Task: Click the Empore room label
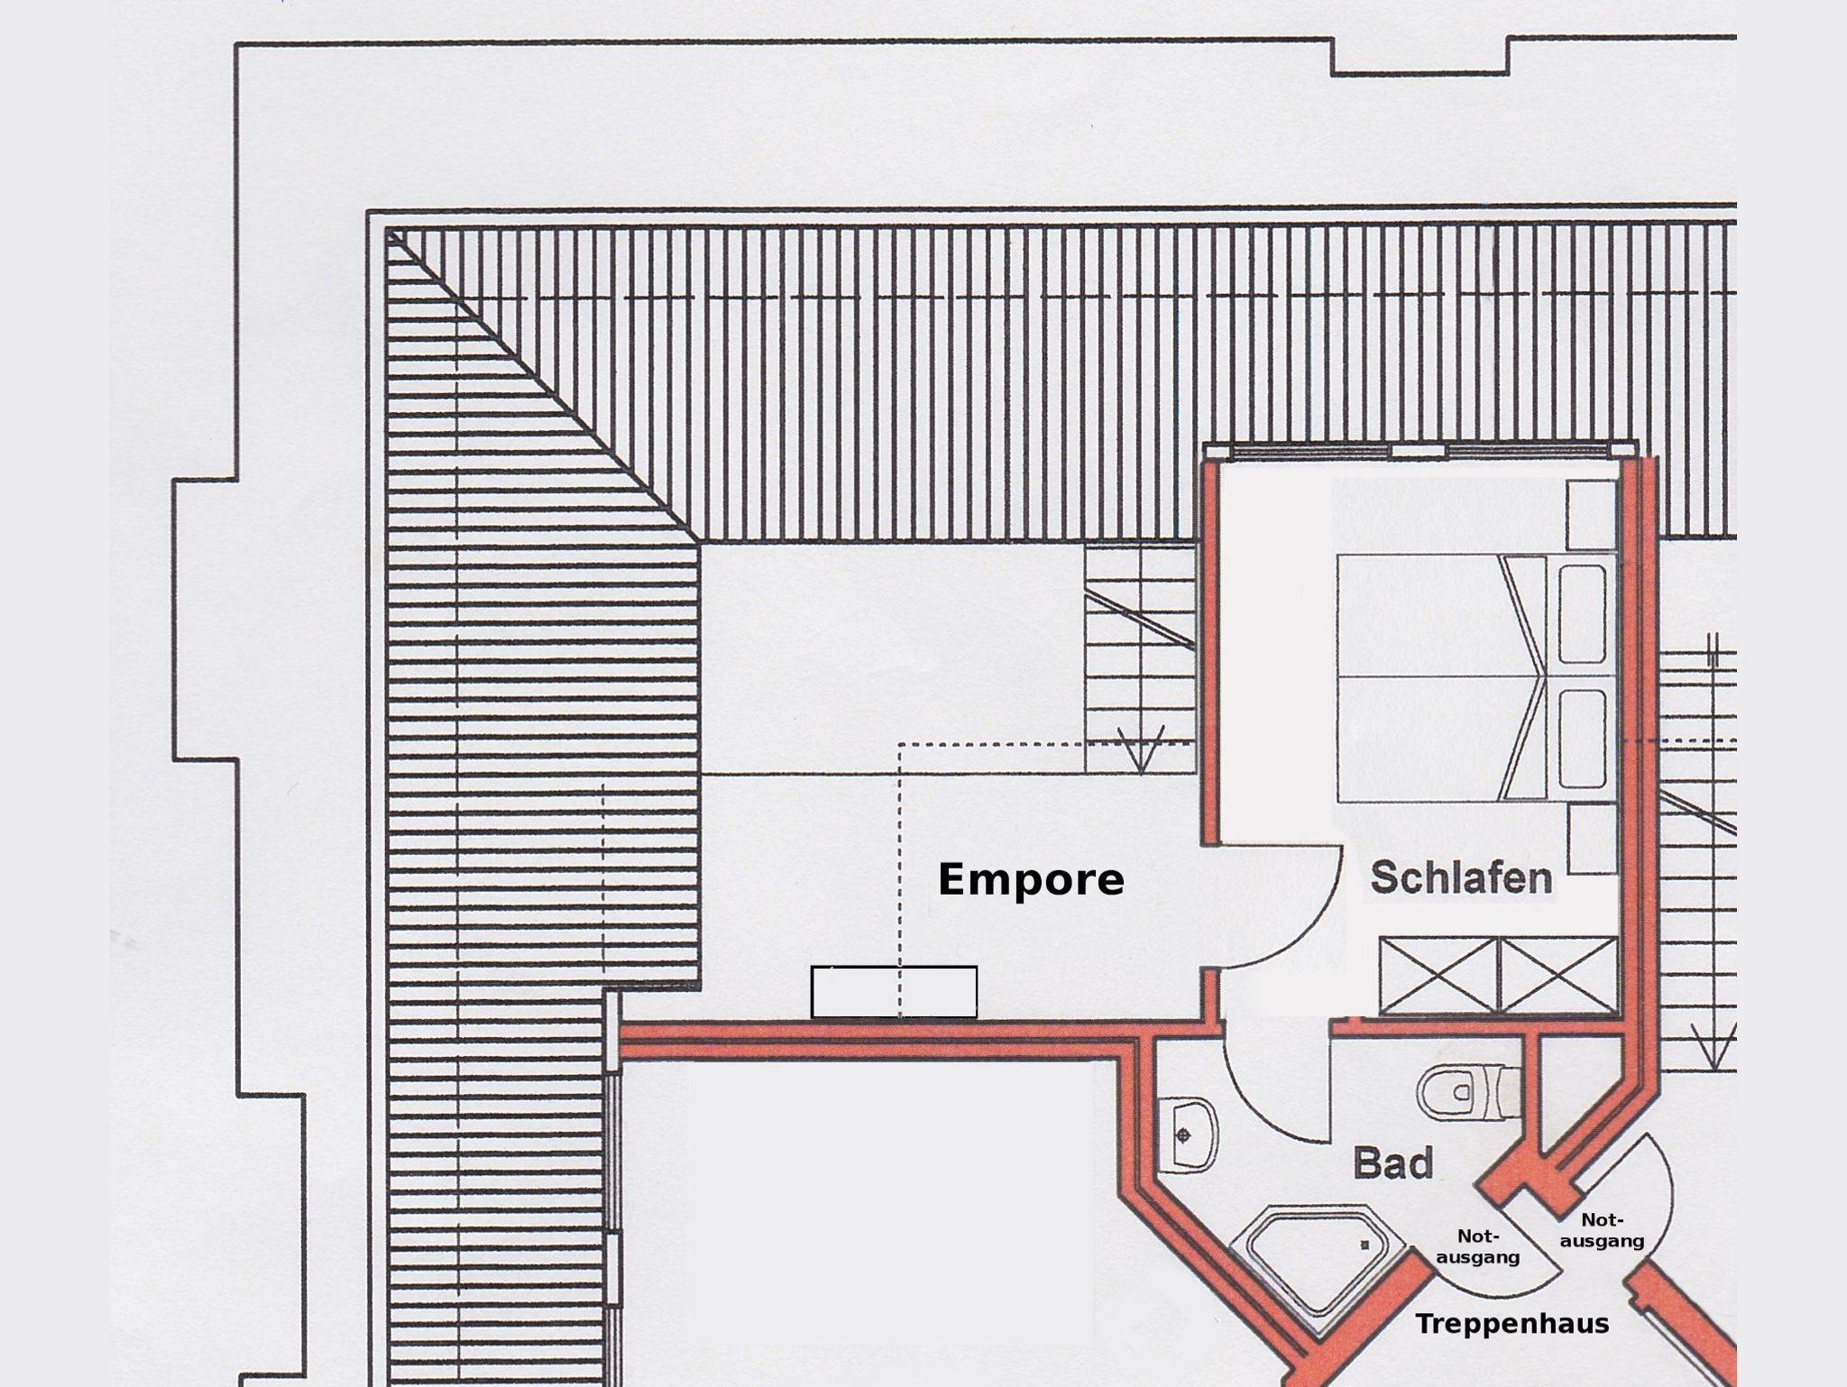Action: coord(1031,879)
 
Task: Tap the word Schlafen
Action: coord(1461,877)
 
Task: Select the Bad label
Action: coord(1392,1163)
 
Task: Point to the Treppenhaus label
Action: coord(1512,1324)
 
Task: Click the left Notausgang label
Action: coord(1477,1246)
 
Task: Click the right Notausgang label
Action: coord(1602,1230)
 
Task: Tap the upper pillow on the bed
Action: coord(1582,614)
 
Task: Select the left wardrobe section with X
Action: coord(1438,975)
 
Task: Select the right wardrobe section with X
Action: coord(1558,975)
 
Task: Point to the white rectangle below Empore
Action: coord(894,991)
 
